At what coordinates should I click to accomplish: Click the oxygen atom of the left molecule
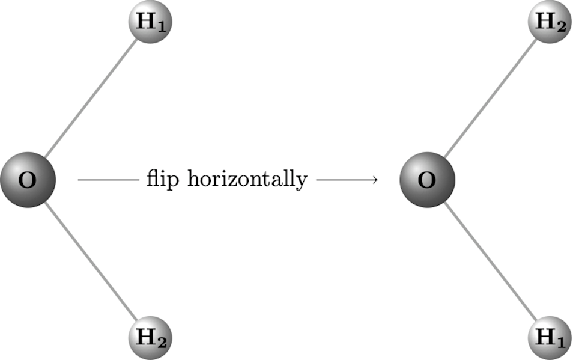[28, 180]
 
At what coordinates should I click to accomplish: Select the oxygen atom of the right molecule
[427, 180]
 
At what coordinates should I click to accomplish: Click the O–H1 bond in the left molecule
[90, 99]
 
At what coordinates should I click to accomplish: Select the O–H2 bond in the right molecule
[490, 99]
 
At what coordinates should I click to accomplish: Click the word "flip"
[163, 179]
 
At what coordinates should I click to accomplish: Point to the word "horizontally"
[247, 179]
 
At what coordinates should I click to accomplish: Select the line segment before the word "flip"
[108, 179]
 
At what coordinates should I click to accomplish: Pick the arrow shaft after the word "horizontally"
[342, 179]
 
